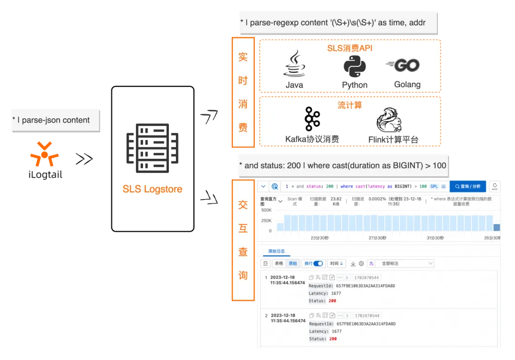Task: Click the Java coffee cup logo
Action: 294,64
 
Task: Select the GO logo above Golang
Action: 403,65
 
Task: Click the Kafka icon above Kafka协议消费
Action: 312,119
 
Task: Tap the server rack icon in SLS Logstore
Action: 152,148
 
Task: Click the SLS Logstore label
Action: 152,189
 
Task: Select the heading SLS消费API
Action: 350,48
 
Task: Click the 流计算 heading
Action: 350,105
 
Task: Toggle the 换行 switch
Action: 318,264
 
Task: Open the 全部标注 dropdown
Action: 405,264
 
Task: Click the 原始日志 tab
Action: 276,251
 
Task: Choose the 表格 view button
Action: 279,264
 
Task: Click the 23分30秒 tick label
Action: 319,238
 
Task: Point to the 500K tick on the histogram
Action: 266,210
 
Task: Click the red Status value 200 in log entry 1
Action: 332,301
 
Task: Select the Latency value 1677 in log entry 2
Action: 336,331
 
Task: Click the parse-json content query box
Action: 55,120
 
